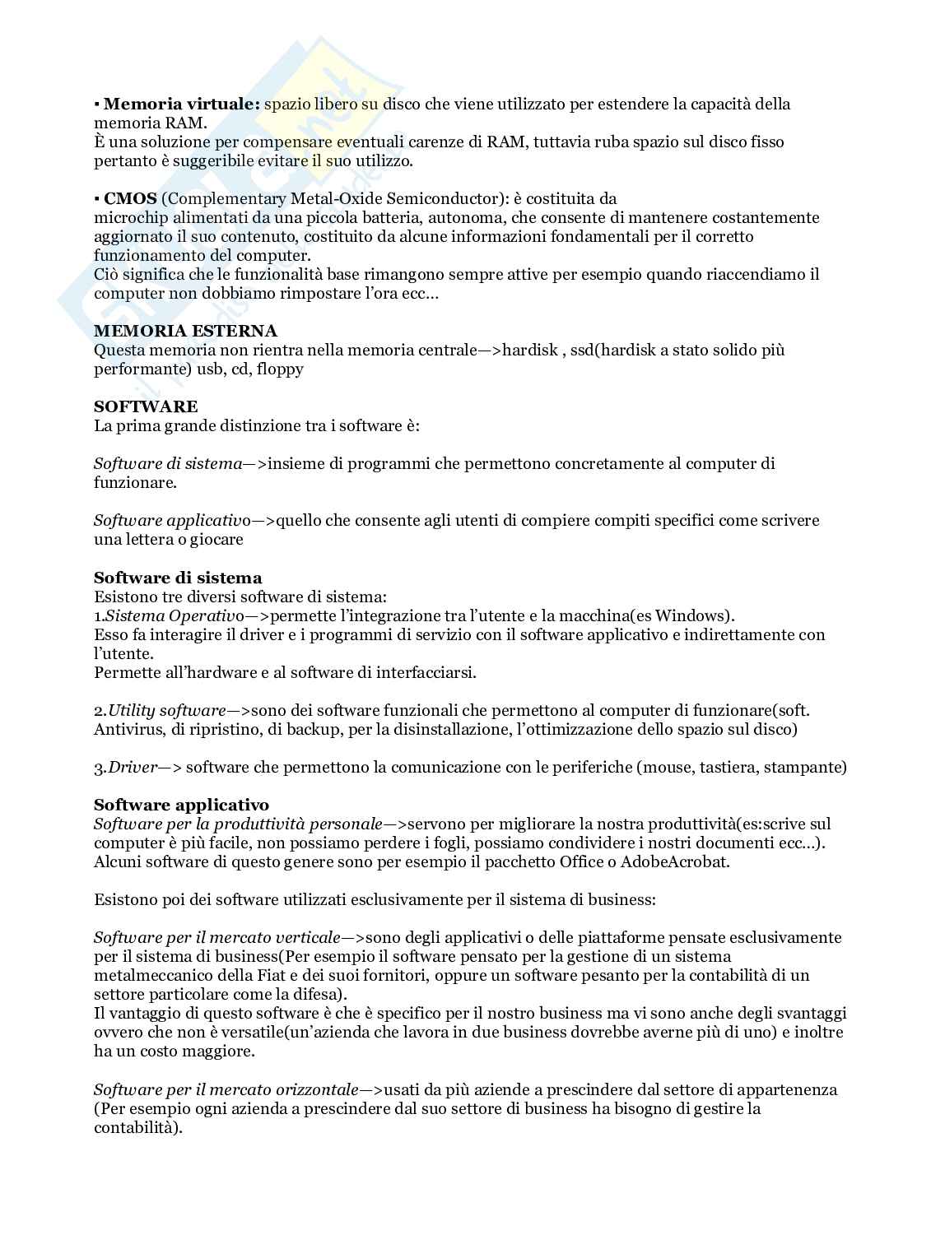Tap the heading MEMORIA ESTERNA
tap(185, 331)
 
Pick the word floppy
tap(280, 369)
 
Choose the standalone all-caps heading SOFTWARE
tap(146, 406)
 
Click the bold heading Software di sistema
tap(178, 578)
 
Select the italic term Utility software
tap(166, 710)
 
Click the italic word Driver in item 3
tap(133, 767)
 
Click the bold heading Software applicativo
tap(181, 805)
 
